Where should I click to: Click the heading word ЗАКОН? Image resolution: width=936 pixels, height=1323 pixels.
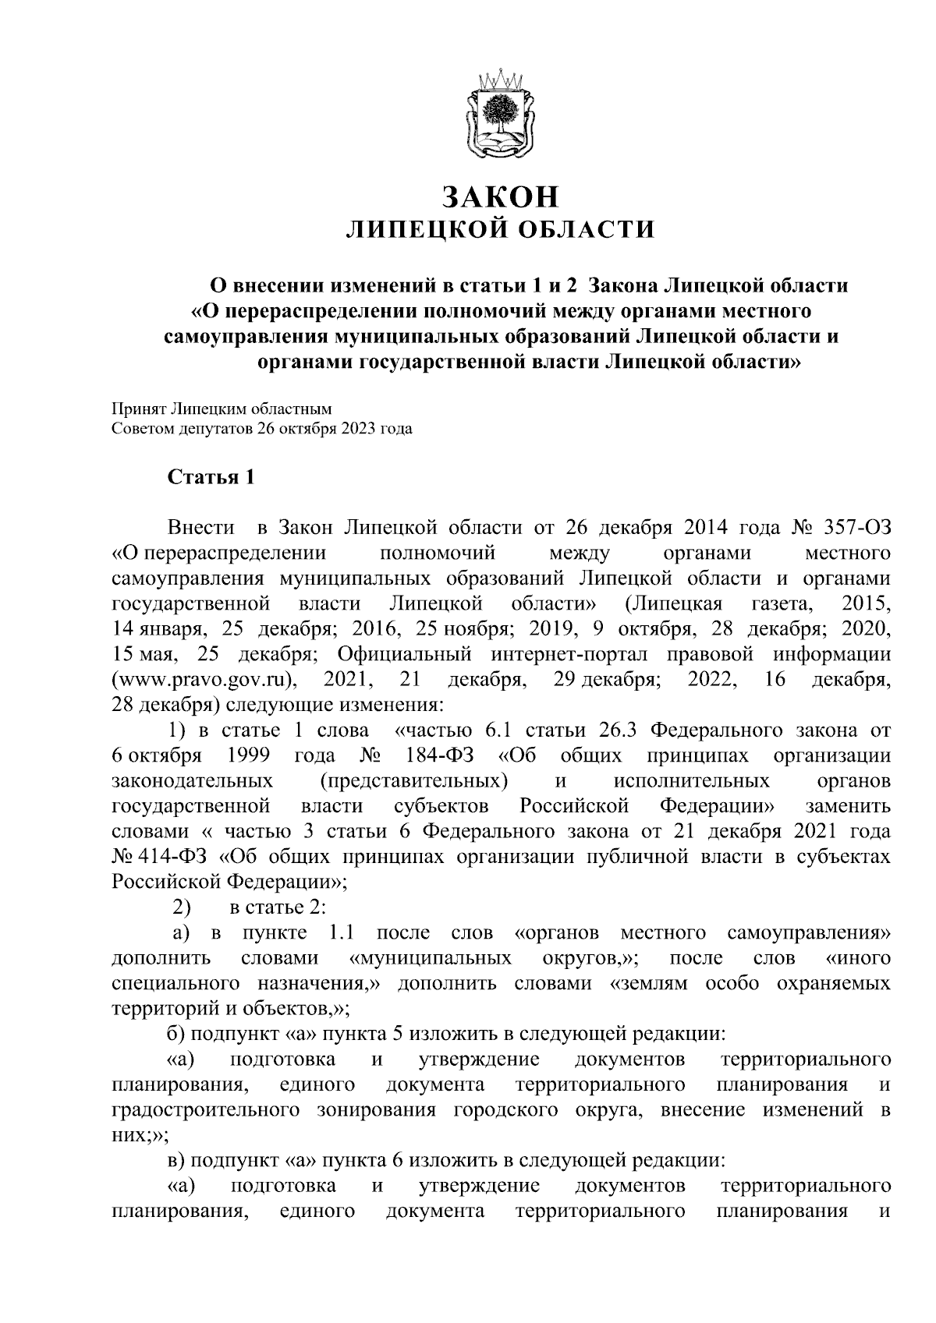(500, 196)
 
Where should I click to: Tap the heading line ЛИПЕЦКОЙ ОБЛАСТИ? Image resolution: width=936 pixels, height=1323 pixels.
(500, 229)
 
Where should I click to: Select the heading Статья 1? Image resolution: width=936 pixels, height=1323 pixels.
(211, 477)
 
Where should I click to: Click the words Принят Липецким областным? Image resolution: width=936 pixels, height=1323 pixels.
(222, 408)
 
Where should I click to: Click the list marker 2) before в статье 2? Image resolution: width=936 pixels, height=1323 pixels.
(181, 907)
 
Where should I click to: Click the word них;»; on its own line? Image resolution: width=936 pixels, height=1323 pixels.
(134, 1135)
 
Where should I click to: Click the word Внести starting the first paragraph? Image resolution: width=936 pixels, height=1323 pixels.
(201, 528)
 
